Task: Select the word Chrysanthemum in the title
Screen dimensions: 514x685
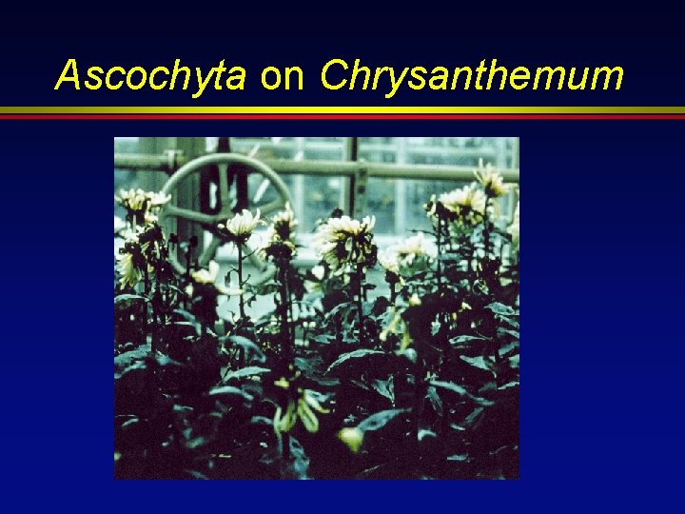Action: pos(472,76)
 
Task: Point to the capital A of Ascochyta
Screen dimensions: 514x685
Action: pos(68,75)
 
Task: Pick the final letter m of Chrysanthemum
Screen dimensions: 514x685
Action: pos(607,78)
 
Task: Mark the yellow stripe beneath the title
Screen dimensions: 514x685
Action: pos(342,109)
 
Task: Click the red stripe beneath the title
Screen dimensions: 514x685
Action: pos(342,116)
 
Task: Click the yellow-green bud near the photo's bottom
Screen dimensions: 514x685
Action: pos(351,438)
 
